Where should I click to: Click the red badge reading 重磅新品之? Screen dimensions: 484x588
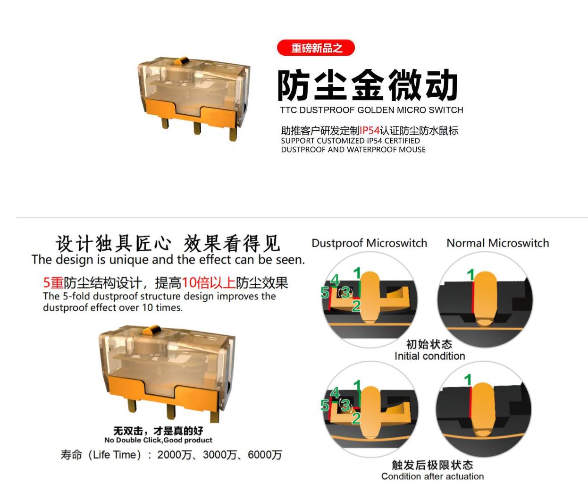tap(316, 48)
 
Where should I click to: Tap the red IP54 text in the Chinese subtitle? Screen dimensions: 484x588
tap(369, 131)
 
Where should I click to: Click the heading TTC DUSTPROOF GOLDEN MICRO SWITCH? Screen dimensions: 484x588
tap(371, 110)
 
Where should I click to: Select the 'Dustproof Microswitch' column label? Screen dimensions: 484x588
tap(369, 243)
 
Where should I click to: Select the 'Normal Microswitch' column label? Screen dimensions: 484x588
tap(497, 243)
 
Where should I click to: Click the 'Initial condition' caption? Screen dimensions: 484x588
tap(429, 356)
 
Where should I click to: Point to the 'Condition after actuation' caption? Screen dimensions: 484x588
tap(432, 476)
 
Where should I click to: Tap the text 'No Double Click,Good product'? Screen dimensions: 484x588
tap(158, 440)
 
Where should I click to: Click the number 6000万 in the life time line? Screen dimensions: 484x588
tap(265, 455)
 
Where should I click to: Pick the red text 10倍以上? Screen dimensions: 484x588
tap(208, 283)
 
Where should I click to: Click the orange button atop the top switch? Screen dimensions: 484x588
tap(181, 60)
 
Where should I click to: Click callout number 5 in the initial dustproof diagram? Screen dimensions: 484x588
tap(325, 293)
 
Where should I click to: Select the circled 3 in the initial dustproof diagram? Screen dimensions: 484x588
tap(345, 292)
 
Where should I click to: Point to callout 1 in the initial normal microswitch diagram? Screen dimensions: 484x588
tap(470, 275)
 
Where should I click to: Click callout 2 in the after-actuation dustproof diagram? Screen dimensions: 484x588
tap(356, 418)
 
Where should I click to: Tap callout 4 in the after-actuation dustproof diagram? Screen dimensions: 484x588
tap(335, 392)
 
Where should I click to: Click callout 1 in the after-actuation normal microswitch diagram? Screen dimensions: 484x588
tap(468, 380)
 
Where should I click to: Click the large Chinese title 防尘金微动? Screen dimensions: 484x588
tap(367, 85)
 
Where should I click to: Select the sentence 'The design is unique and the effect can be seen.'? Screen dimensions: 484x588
tap(168, 260)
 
